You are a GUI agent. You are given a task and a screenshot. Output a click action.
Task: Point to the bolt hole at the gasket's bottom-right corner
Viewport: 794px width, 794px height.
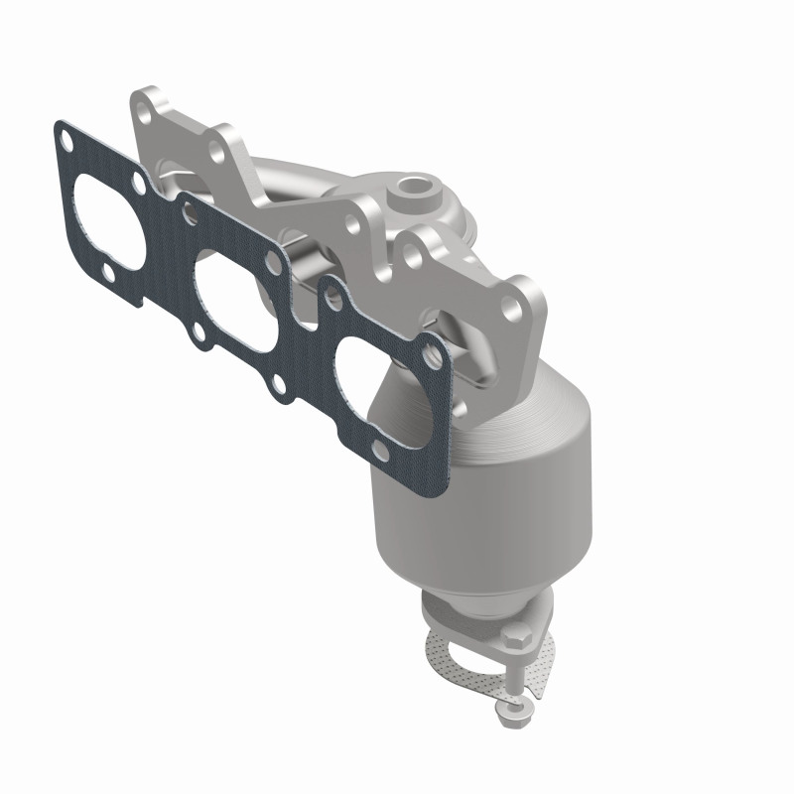pos(380,452)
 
